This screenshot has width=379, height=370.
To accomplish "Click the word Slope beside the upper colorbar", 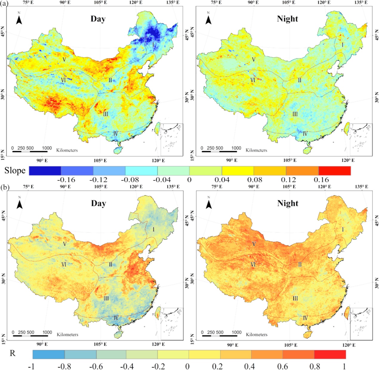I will tap(15, 171).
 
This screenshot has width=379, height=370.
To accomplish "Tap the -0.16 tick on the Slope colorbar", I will tap(66, 180).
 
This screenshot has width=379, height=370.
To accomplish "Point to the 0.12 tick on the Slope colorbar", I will tap(289, 180).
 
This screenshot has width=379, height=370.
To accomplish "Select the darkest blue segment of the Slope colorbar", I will tap(45, 171).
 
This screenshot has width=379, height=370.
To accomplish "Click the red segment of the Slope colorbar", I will tap(335, 171).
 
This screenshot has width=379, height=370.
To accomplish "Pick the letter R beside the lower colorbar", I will tap(13, 353).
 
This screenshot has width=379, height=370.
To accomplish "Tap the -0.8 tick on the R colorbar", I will tap(64, 366).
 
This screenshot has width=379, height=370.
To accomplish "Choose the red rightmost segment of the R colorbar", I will tap(330, 354).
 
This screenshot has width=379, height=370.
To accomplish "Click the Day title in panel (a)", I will tap(98, 19).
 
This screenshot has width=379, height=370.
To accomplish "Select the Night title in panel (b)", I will tap(288, 203).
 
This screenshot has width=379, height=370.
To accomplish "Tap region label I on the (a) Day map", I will tap(153, 45).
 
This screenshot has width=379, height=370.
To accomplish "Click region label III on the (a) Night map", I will tap(295, 114).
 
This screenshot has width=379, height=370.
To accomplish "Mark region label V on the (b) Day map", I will tap(65, 244).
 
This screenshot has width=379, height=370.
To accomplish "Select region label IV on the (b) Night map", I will tap(305, 318).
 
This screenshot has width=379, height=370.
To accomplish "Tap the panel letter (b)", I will tap(5, 188).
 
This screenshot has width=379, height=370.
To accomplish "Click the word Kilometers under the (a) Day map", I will tap(67, 150).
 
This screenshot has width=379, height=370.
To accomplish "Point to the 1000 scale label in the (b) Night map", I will tap(236, 332).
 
